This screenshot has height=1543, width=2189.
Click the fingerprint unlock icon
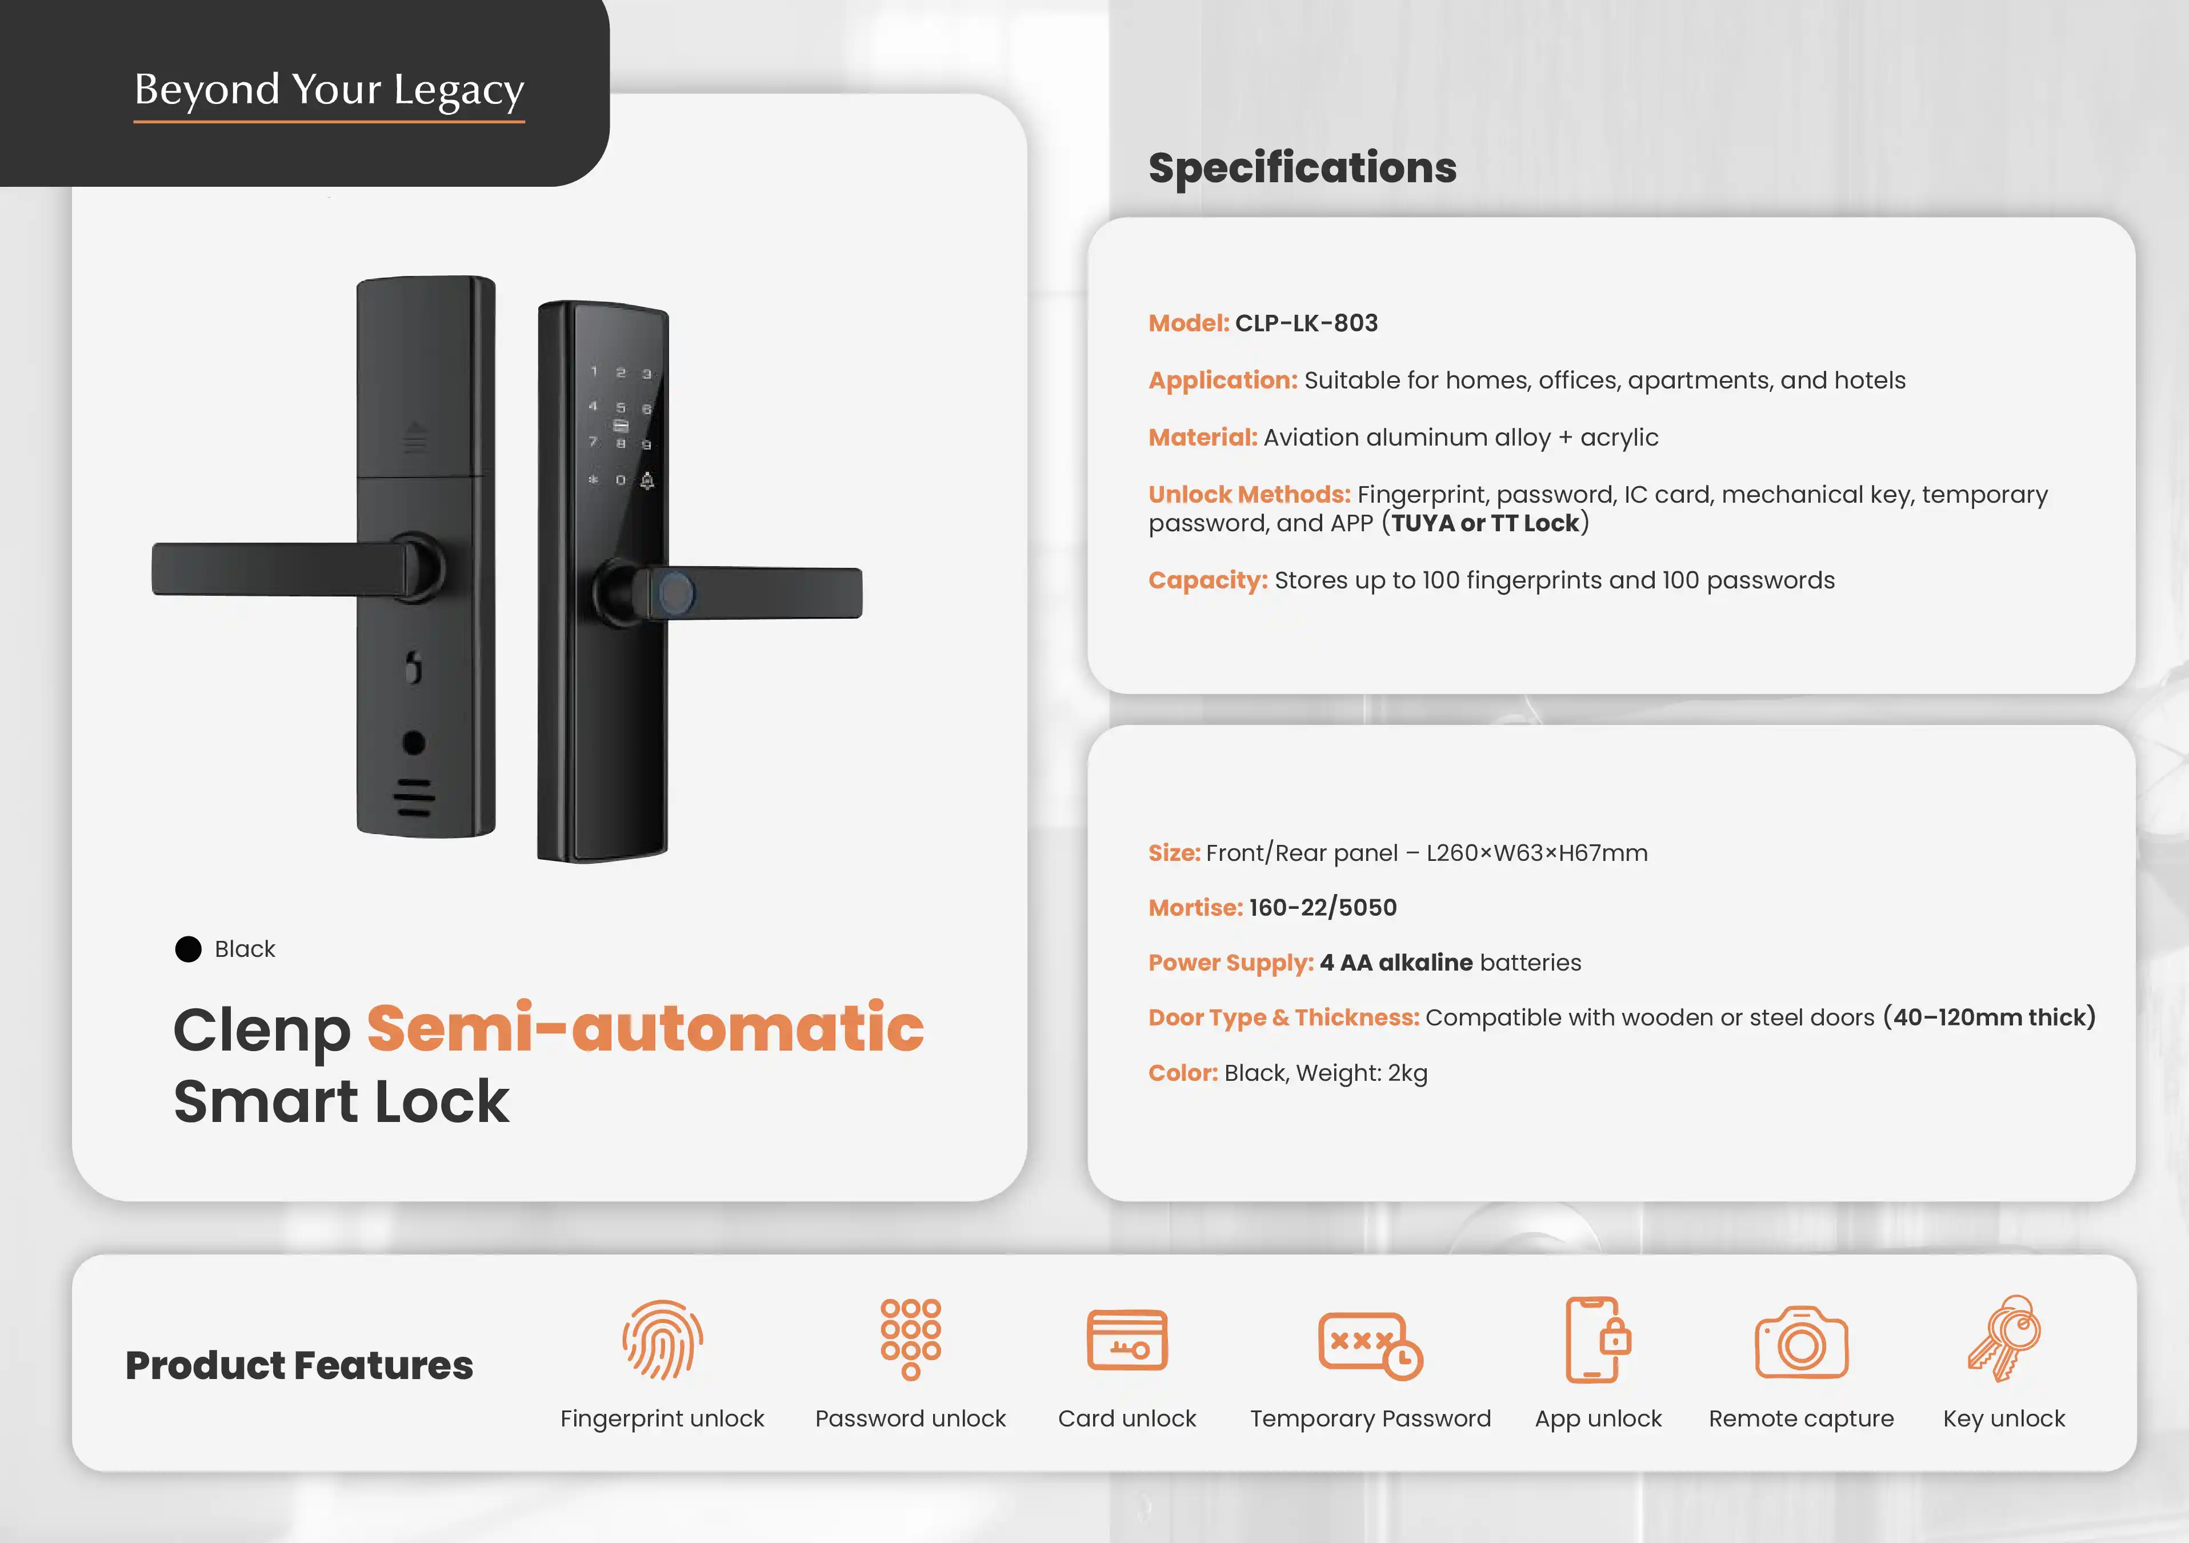pos(663,1339)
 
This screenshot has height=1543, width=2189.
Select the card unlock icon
pos(1127,1339)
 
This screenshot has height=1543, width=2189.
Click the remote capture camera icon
pos(1801,1342)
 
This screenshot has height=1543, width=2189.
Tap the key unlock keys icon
pos(2004,1338)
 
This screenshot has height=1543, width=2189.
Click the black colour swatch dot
pos(189,949)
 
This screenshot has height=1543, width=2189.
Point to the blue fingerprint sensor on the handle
pos(676,594)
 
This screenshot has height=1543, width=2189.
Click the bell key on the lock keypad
pos(647,479)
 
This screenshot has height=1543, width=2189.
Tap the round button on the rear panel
pos(414,743)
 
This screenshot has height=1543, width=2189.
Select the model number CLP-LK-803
pos(1306,323)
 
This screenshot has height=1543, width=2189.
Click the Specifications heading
pos(1302,168)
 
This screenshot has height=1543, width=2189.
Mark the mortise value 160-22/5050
pos(1322,907)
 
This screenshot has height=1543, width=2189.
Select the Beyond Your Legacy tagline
pos(329,90)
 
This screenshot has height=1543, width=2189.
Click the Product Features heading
pos(299,1365)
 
